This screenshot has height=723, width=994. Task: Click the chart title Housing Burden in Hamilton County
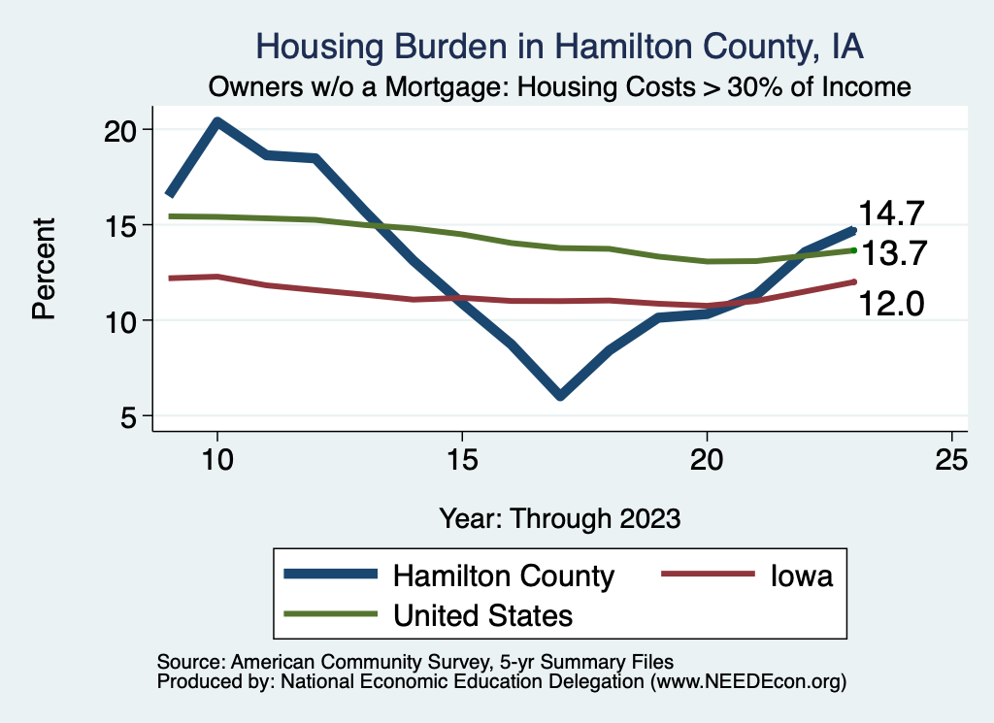coord(558,45)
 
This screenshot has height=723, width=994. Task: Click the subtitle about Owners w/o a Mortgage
coord(558,87)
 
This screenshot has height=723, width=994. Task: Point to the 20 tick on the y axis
coord(122,130)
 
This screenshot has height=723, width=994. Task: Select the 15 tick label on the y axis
coord(122,225)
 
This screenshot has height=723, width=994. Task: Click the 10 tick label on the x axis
coord(216,460)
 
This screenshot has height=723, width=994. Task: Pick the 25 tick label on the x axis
coord(951,460)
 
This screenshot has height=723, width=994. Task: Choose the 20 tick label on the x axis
coord(707,460)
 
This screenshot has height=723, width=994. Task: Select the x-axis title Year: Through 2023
coord(559,517)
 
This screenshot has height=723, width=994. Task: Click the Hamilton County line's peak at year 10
coord(216,122)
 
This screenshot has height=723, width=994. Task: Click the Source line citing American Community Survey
coord(409,662)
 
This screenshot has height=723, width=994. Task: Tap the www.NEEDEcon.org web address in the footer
coord(746,682)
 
